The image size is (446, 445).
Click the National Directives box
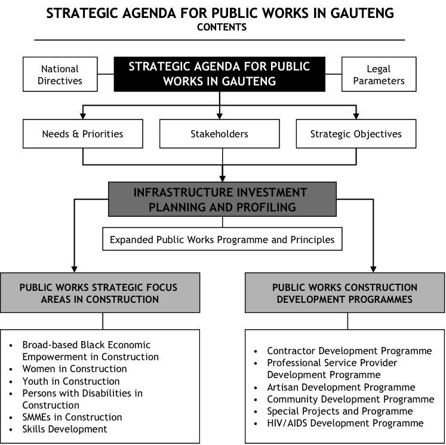coord(60,74)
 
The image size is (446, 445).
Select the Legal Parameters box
coord(379,74)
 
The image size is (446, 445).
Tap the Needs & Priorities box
coord(83,134)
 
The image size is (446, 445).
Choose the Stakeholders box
coord(220,134)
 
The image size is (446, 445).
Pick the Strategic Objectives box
coord(356,134)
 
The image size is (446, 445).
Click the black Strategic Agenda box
coord(220,74)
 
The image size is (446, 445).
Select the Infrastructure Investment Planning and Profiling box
coord(223,199)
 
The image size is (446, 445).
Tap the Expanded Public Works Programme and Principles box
coord(223,239)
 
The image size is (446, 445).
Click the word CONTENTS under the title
coord(222,27)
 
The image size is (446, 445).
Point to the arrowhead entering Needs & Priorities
coord(83,116)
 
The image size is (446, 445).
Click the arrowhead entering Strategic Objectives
coord(356,116)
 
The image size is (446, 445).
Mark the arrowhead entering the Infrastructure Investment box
coord(223,179)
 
